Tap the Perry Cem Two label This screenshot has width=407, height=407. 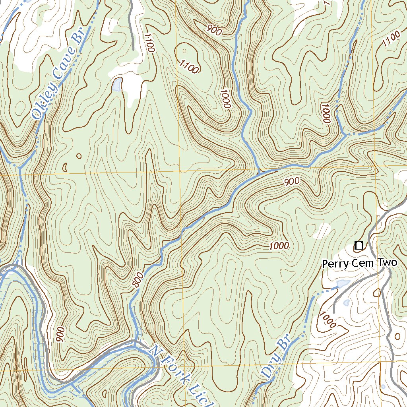(x=359, y=263)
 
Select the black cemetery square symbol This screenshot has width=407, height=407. (x=359, y=245)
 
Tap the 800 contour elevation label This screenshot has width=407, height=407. (x=136, y=281)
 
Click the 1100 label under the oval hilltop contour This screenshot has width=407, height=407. (x=189, y=67)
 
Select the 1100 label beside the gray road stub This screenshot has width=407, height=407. (x=149, y=43)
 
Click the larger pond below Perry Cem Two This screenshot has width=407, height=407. (x=342, y=284)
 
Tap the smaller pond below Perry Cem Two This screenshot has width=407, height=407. (x=346, y=302)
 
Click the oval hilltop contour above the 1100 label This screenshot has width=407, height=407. (x=186, y=51)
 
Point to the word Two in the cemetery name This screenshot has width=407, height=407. (x=388, y=263)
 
